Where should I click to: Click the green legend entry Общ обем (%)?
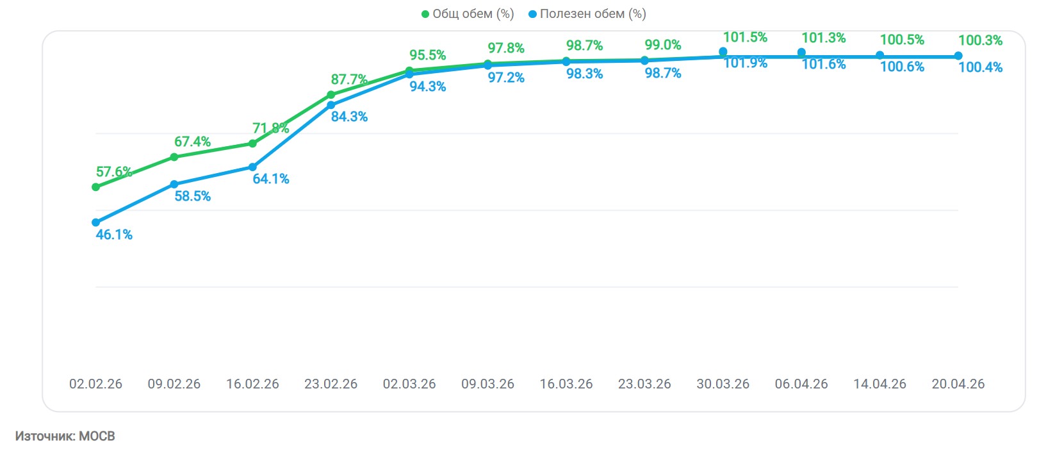point(468,13)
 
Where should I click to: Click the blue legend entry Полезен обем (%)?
point(587,13)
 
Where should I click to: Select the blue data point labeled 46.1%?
point(95,222)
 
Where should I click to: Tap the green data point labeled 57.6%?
point(95,187)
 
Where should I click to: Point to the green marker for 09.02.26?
point(174,157)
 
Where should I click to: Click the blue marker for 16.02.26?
point(252,167)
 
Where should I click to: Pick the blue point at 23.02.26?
point(331,104)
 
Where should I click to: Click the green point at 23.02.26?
point(331,94)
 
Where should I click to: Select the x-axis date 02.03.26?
point(409,384)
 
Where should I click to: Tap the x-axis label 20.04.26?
point(958,384)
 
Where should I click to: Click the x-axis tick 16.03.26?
point(566,384)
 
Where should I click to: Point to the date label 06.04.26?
point(801,384)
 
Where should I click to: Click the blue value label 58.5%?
point(193,196)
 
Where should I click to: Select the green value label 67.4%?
point(193,142)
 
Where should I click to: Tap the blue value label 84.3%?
point(349,117)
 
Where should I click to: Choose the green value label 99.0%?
point(663,45)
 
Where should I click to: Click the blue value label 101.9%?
point(745,63)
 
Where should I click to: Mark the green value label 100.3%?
point(980,40)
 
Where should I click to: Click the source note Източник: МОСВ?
point(65,436)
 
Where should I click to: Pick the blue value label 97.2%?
point(506,78)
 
